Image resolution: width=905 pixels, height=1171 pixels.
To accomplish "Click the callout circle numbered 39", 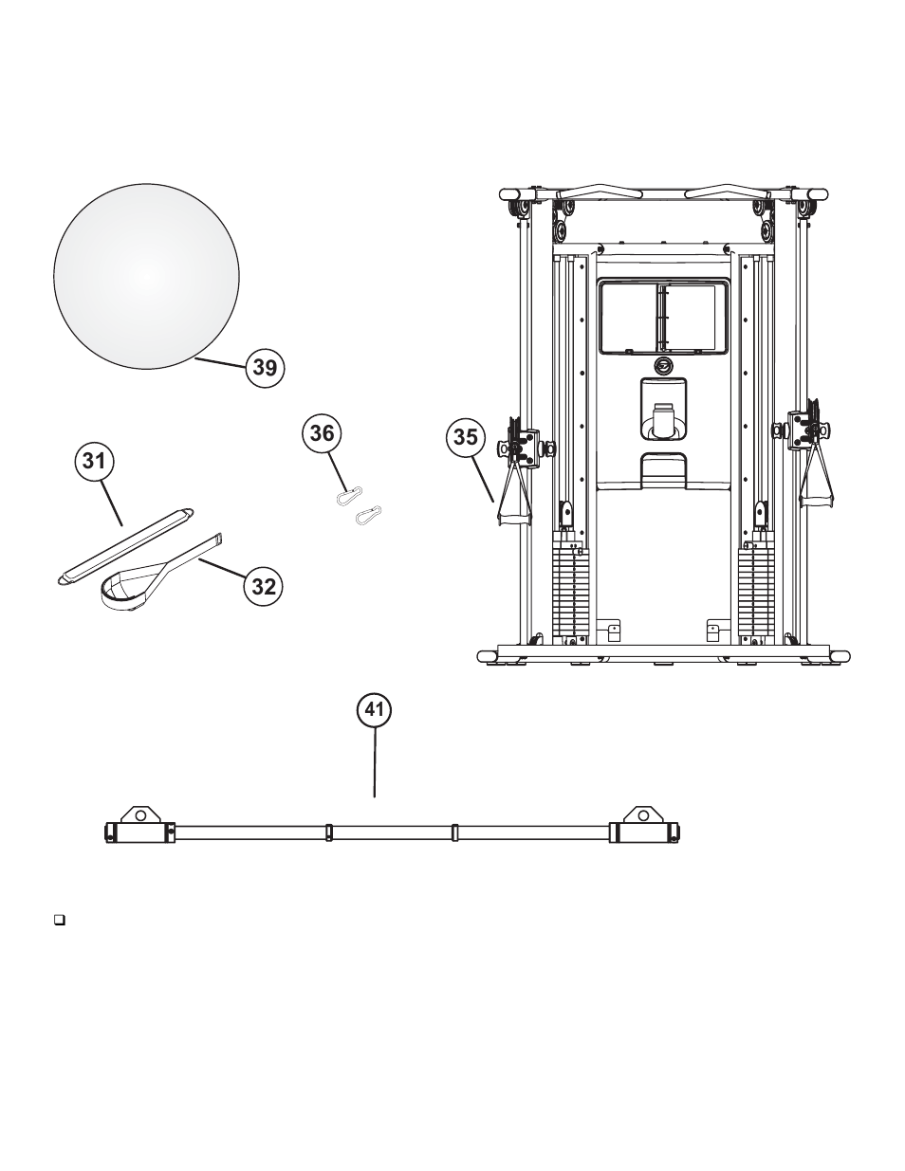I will [x=265, y=366].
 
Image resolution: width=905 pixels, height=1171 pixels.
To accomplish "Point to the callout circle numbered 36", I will [x=323, y=432].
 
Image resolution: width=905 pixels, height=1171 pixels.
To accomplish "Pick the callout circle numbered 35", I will [x=466, y=439].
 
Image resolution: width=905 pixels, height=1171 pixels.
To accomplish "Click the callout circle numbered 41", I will [x=375, y=709].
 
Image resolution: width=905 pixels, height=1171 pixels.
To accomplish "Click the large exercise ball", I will [x=144, y=274].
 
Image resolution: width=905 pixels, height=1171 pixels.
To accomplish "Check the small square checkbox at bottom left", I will [x=59, y=919].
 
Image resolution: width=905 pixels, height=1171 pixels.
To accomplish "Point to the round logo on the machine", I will [x=663, y=367].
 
